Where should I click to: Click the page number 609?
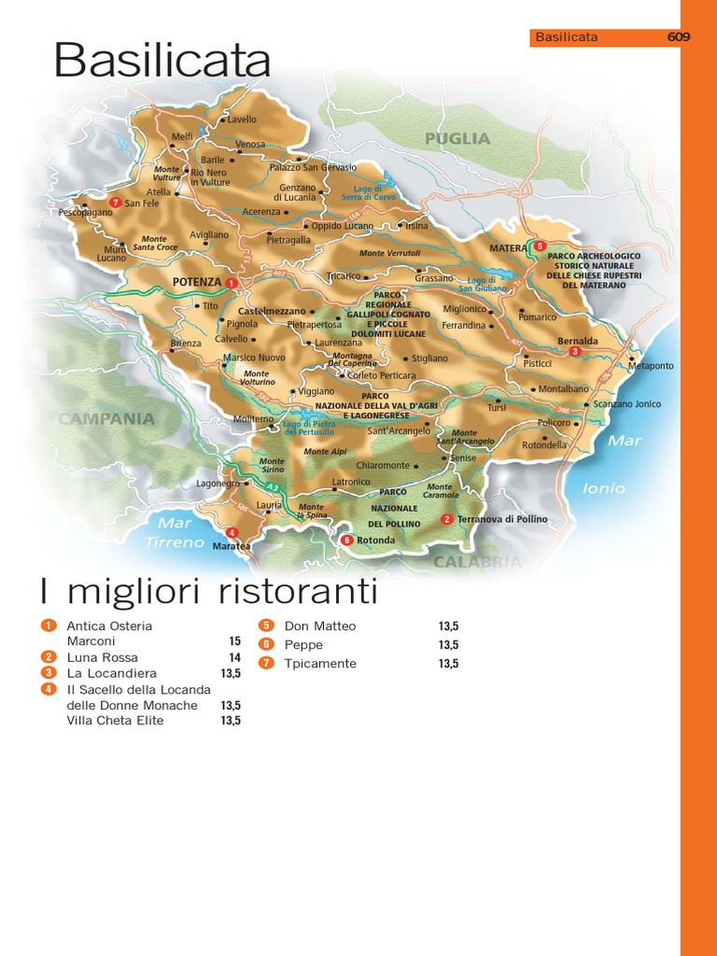[x=678, y=38]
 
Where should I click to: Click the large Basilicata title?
[x=162, y=62]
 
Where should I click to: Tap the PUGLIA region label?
[x=457, y=138]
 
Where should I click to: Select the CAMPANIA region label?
[x=106, y=419]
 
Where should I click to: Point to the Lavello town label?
[x=241, y=120]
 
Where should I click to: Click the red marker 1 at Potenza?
[x=230, y=282]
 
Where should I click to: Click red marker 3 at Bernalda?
[x=576, y=352]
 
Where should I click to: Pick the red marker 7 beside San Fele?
[x=115, y=203]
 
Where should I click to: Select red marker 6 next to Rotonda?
[x=345, y=540]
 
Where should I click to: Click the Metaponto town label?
[x=650, y=366]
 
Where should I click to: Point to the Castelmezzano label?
[x=272, y=310]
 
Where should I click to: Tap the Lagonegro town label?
[x=218, y=484]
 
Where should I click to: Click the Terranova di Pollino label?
[x=502, y=519]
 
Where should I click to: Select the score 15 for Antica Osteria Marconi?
[x=234, y=641]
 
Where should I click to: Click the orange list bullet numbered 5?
[x=265, y=626]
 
